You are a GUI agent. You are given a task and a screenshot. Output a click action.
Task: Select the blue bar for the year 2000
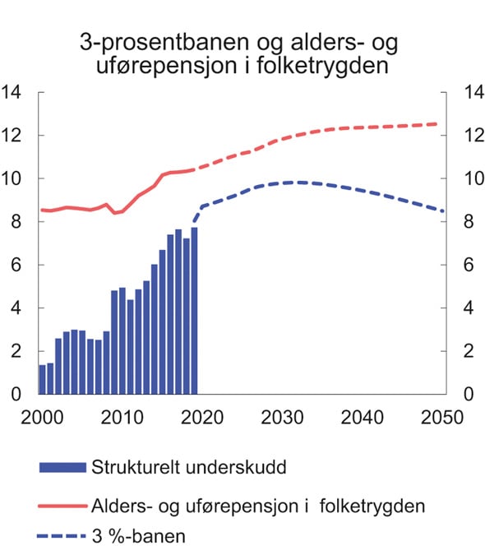click(x=42, y=380)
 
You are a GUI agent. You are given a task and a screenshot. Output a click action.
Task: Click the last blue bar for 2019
click(x=194, y=311)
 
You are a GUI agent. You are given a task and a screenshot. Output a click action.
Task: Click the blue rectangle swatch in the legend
click(x=62, y=467)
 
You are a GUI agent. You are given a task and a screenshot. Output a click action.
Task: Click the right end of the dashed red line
click(x=436, y=124)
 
